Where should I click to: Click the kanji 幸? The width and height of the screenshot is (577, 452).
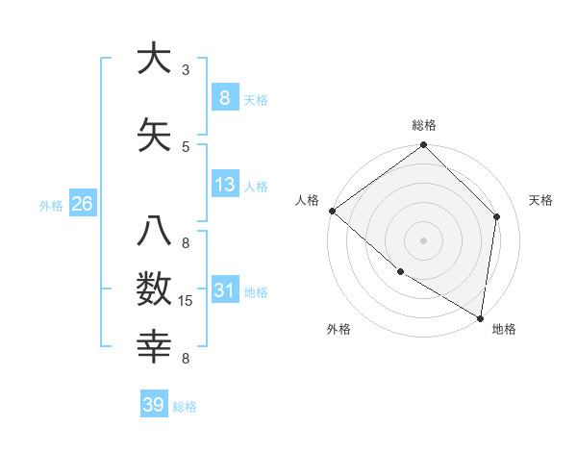tap(154, 345)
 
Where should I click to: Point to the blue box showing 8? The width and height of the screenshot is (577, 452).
tap(224, 97)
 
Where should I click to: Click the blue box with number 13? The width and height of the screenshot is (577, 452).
tap(224, 184)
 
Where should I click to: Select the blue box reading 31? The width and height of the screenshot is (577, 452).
tap(224, 289)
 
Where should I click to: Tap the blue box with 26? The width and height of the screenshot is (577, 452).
tap(82, 203)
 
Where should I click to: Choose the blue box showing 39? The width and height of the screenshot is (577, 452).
tap(154, 405)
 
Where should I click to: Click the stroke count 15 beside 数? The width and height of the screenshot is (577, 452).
tap(187, 302)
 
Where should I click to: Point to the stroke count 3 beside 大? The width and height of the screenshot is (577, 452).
tap(186, 70)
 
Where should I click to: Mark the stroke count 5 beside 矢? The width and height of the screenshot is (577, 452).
tap(186, 146)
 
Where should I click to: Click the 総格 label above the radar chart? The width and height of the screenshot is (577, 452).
tap(424, 125)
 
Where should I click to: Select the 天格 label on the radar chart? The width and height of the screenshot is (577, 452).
tap(541, 200)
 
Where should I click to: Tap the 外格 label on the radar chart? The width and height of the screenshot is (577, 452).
tap(338, 329)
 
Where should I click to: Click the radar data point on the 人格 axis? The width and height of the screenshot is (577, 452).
tap(332, 211)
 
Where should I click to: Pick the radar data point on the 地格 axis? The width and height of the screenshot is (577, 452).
tap(481, 317)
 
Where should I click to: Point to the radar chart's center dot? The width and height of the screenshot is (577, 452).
tap(424, 239)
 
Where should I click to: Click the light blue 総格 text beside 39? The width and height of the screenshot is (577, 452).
tap(185, 407)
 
